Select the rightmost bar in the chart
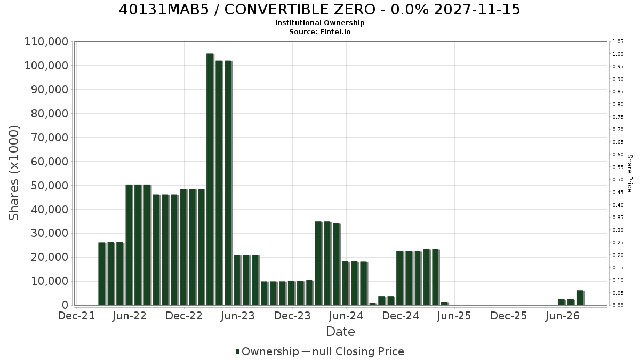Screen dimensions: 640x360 (580, 298)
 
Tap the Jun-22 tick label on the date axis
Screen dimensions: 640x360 (130, 316)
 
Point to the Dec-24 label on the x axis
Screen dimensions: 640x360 (401, 316)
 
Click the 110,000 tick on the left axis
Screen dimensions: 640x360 (46, 42)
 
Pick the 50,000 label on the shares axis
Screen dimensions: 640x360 (50, 186)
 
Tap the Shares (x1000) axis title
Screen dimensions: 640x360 (14, 173)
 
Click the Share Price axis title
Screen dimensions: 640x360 (629, 173)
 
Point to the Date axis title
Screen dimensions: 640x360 (340, 332)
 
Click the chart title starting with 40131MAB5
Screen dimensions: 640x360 (319, 10)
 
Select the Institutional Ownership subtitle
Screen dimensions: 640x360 (319, 23)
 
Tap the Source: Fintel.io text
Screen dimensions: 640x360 (319, 31)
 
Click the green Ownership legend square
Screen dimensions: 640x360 (237, 351)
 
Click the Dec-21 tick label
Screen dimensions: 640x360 (76, 316)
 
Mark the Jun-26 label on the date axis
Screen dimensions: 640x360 (562, 316)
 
